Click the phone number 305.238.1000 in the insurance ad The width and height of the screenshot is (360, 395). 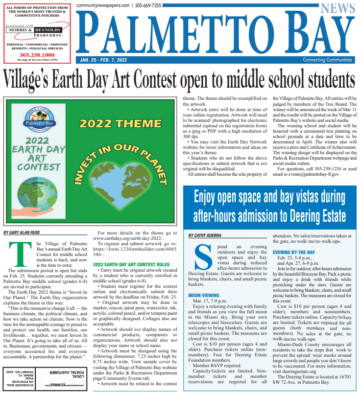[x=37, y=55]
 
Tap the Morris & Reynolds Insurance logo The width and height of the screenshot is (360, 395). [x=37, y=31]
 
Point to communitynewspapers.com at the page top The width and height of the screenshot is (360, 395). [x=103, y=5]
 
